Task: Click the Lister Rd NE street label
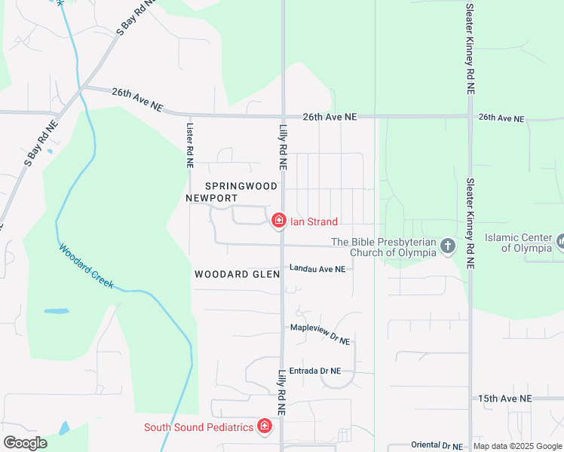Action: (190, 145)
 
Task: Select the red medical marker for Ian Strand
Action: (279, 221)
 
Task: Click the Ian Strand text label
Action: (314, 221)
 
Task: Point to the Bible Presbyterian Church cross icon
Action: (448, 246)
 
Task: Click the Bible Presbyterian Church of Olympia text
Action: (385, 247)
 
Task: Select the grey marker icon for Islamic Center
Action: (561, 242)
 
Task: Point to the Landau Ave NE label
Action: (317, 269)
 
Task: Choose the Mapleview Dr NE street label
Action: (320, 333)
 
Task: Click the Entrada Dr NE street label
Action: (316, 371)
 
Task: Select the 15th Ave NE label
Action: (505, 398)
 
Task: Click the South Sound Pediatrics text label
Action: (198, 428)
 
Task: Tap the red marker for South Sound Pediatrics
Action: (265, 427)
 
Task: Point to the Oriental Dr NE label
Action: (437, 446)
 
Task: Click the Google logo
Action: (25, 443)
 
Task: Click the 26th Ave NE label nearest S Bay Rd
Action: (136, 99)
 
